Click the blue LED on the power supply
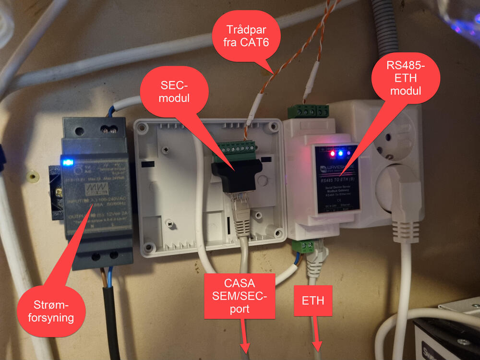pyautogui.click(x=68, y=162)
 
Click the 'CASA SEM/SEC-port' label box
pyautogui.click(x=240, y=296)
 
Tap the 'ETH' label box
pyautogui.click(x=312, y=301)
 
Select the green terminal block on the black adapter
pyautogui.click(x=238, y=149)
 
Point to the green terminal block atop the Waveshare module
pyautogui.click(x=308, y=111)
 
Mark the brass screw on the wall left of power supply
pyautogui.click(x=32, y=177)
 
